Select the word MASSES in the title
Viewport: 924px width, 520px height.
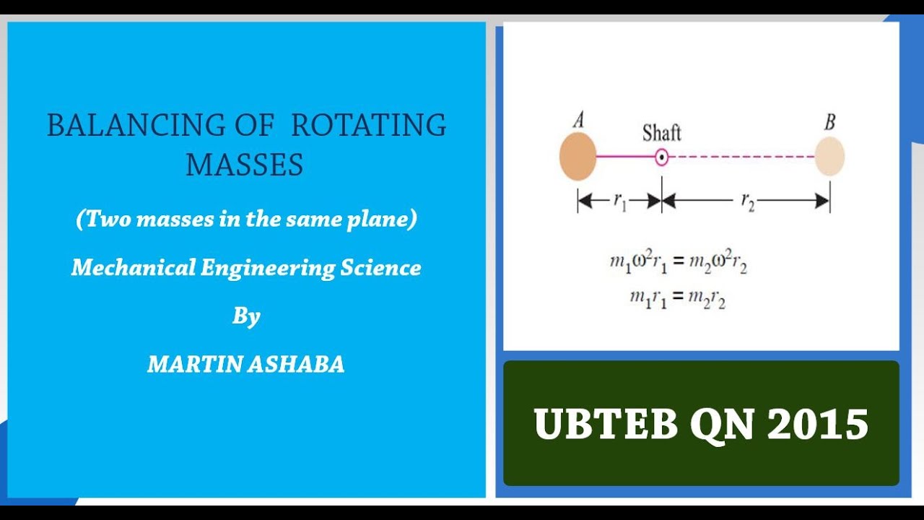click(x=245, y=165)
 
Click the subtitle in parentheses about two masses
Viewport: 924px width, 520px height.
click(x=246, y=220)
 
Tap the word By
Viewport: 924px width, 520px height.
click(x=246, y=316)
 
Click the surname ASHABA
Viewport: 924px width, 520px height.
click(x=296, y=364)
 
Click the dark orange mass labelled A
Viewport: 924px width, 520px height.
click(x=577, y=157)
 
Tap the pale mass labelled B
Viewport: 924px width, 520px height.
click(x=829, y=157)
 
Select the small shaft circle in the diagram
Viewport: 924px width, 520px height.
click(x=661, y=157)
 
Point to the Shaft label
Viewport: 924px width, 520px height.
click(x=661, y=133)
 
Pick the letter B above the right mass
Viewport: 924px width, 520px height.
click(x=829, y=121)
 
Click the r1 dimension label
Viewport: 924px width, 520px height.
click(x=619, y=201)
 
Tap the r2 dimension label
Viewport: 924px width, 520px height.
click(x=747, y=201)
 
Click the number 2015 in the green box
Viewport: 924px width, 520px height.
click(x=817, y=423)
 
